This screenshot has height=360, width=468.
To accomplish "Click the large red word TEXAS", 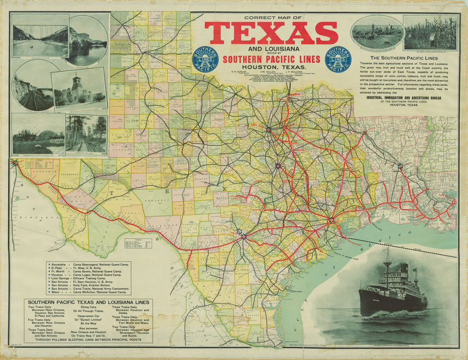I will (x=271, y=34).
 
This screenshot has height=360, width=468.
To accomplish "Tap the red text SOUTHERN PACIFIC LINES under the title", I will (x=271, y=59).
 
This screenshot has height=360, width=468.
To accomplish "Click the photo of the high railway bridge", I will (x=39, y=35).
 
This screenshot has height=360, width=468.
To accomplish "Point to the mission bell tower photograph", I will (x=79, y=89).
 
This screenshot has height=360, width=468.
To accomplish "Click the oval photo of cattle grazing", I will (x=377, y=34).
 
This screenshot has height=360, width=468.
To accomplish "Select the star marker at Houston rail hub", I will (x=330, y=220).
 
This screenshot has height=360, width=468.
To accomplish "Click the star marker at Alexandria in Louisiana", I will (x=400, y=167).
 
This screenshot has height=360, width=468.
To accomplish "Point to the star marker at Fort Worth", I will (x=267, y=130).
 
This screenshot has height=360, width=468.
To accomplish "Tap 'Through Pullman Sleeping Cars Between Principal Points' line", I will (x=88, y=339).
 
